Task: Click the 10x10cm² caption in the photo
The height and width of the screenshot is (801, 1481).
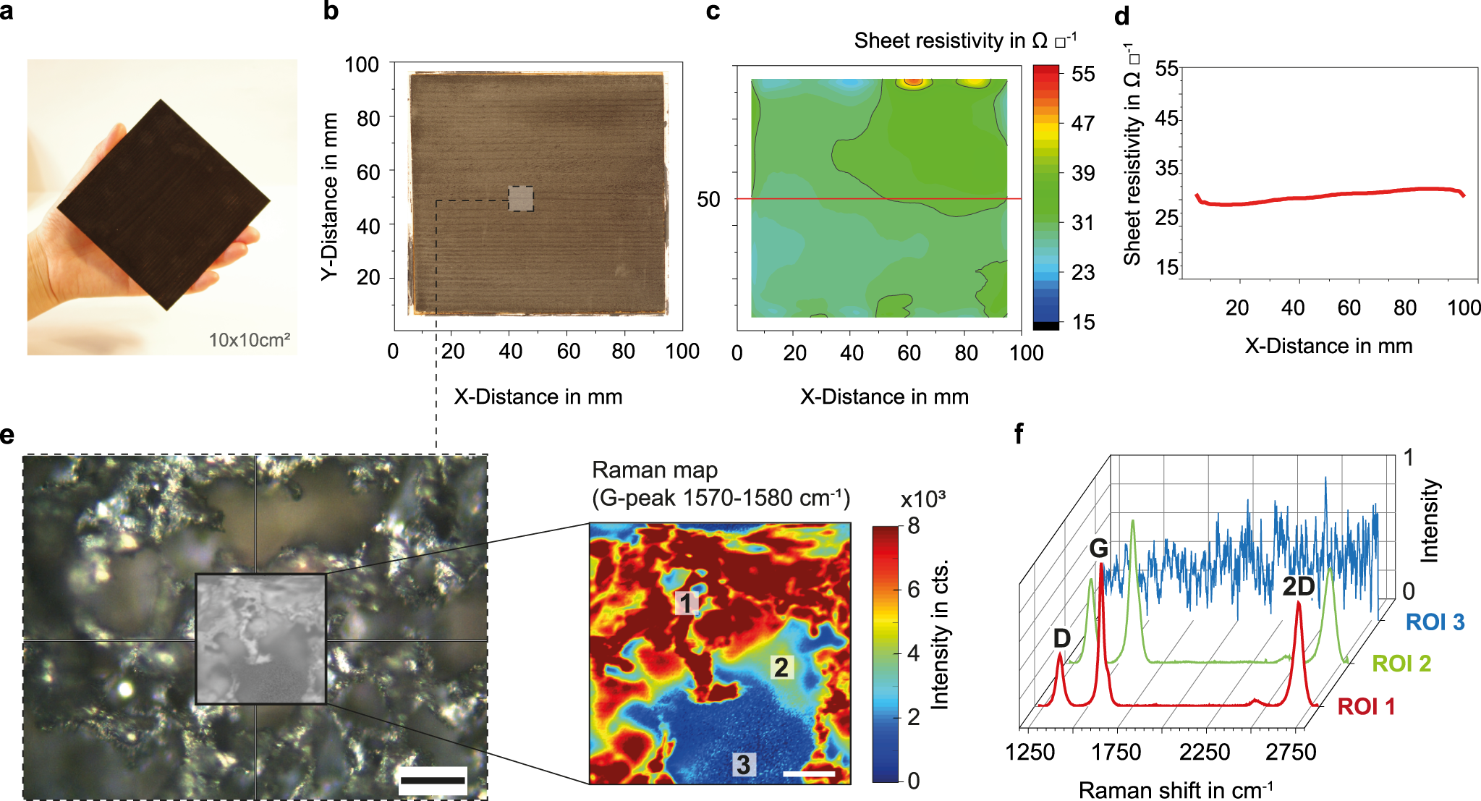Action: click(x=249, y=340)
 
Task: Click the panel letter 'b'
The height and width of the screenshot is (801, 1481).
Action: click(x=331, y=12)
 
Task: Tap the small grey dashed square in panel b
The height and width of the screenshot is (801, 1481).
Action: click(x=521, y=198)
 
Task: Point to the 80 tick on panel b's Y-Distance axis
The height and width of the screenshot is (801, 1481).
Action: click(x=368, y=118)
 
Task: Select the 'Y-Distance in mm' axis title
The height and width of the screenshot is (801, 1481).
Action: click(x=330, y=196)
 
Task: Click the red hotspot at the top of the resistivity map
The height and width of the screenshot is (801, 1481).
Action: click(x=914, y=82)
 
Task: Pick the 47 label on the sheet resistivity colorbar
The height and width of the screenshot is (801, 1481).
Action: click(x=1082, y=124)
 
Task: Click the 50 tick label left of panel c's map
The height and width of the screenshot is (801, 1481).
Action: click(x=708, y=200)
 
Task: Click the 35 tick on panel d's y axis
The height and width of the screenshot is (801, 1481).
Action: click(x=1166, y=169)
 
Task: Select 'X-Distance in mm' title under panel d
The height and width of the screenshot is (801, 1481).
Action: click(x=1328, y=346)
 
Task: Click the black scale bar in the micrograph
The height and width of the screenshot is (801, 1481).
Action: click(x=432, y=780)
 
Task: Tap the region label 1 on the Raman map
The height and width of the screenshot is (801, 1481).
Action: click(x=686, y=602)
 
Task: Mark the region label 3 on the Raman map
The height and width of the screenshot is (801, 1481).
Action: click(x=743, y=764)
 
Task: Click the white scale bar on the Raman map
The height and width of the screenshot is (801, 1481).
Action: click(x=809, y=774)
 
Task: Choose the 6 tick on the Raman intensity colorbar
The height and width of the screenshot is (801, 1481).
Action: click(x=914, y=590)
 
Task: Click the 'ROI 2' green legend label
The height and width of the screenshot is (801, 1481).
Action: click(x=1401, y=664)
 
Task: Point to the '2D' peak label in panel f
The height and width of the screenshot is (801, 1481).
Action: click(x=1298, y=587)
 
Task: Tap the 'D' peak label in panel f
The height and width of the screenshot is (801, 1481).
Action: click(x=1061, y=638)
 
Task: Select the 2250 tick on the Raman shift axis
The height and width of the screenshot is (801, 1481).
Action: click(x=1205, y=753)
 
